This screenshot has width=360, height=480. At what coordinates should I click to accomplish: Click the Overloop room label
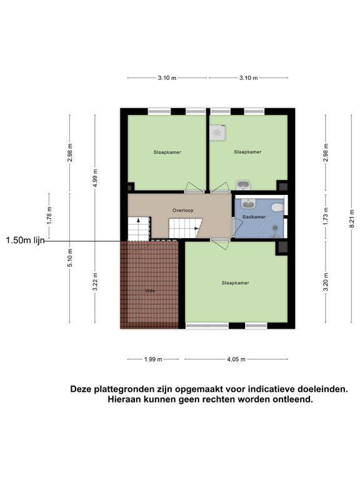pyautogui.click(x=182, y=210)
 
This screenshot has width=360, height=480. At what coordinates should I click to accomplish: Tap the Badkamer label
pyautogui.click(x=254, y=217)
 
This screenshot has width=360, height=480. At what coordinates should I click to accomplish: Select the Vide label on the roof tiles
pyautogui.click(x=150, y=291)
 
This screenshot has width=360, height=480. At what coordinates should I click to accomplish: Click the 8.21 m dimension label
pyautogui.click(x=352, y=218)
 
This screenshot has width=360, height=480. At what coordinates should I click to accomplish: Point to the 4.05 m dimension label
pyautogui.click(x=236, y=359)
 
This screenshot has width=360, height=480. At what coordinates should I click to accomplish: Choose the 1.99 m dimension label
pyautogui.click(x=153, y=359)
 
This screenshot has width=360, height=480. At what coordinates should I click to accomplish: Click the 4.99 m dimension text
pyautogui.click(x=95, y=179)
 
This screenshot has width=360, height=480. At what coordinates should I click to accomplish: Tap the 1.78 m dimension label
pyautogui.click(x=49, y=216)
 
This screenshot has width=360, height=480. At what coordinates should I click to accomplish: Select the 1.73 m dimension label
pyautogui.click(x=326, y=216)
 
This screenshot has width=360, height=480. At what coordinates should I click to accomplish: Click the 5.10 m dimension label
pyautogui.click(x=70, y=257)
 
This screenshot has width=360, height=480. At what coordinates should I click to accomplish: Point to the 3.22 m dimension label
pyautogui.click(x=95, y=282)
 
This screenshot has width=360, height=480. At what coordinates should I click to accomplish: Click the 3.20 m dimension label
pyautogui.click(x=326, y=282)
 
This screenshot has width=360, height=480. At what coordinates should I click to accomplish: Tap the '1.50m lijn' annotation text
pyautogui.click(x=25, y=240)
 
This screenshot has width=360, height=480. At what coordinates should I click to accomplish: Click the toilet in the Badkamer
pyautogui.click(x=277, y=207)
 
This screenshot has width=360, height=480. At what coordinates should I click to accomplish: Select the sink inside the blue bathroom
pyautogui.click(x=248, y=203)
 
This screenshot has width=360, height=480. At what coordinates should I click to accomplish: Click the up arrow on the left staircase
pyautogui.click(x=138, y=220)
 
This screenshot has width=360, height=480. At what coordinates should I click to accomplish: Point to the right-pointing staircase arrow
pyautogui.click(x=196, y=228)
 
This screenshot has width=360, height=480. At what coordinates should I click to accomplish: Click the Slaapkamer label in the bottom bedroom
pyautogui.click(x=236, y=283)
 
